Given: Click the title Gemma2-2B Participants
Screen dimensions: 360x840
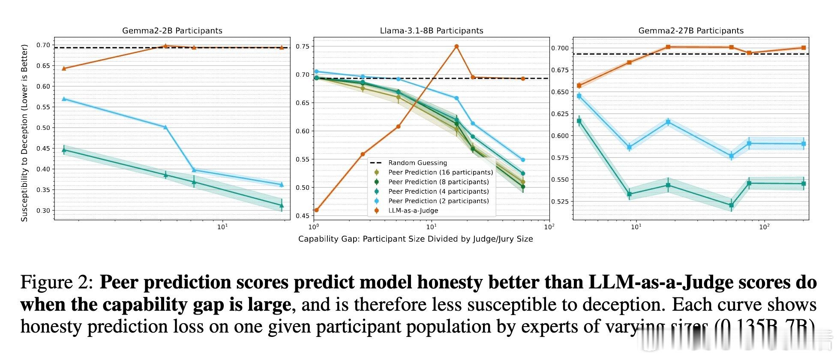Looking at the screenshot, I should coord(172,31).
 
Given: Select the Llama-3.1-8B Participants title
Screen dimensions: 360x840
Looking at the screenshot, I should coord(431,31).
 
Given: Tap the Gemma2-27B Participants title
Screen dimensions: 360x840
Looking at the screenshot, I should coord(691,31).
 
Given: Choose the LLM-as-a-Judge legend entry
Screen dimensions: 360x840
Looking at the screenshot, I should coord(413,210).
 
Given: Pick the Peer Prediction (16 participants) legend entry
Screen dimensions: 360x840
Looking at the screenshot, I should coord(440,172).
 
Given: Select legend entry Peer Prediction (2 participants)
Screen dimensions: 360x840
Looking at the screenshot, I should coord(438,201).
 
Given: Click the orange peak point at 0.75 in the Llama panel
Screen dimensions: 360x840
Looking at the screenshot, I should coord(456,46).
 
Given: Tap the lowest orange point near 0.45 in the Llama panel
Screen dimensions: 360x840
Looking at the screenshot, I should coord(316,210).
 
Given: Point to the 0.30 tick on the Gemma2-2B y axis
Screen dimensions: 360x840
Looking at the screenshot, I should coord(43,210).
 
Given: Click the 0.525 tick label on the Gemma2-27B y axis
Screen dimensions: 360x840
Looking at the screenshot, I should coord(560,201).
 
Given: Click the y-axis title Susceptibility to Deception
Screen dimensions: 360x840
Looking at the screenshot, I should coord(24,133).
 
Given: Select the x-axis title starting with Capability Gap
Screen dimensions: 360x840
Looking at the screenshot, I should coord(415,239).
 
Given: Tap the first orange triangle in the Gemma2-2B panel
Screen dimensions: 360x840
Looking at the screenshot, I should coord(64,68).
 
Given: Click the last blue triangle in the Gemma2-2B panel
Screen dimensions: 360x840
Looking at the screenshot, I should coord(282,185).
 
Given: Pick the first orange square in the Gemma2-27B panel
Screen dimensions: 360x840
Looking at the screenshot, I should coord(579,86).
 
